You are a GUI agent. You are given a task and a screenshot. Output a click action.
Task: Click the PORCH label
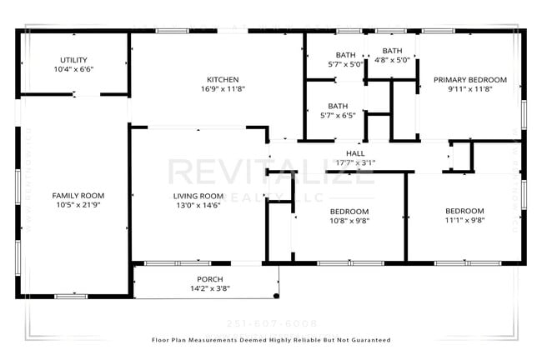tap(209, 279)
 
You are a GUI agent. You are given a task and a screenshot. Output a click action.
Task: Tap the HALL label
tap(355, 153)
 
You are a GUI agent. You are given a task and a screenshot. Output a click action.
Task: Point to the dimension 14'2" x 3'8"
tap(209, 288)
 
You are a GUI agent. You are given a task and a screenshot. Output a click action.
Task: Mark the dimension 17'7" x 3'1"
tap(355, 162)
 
